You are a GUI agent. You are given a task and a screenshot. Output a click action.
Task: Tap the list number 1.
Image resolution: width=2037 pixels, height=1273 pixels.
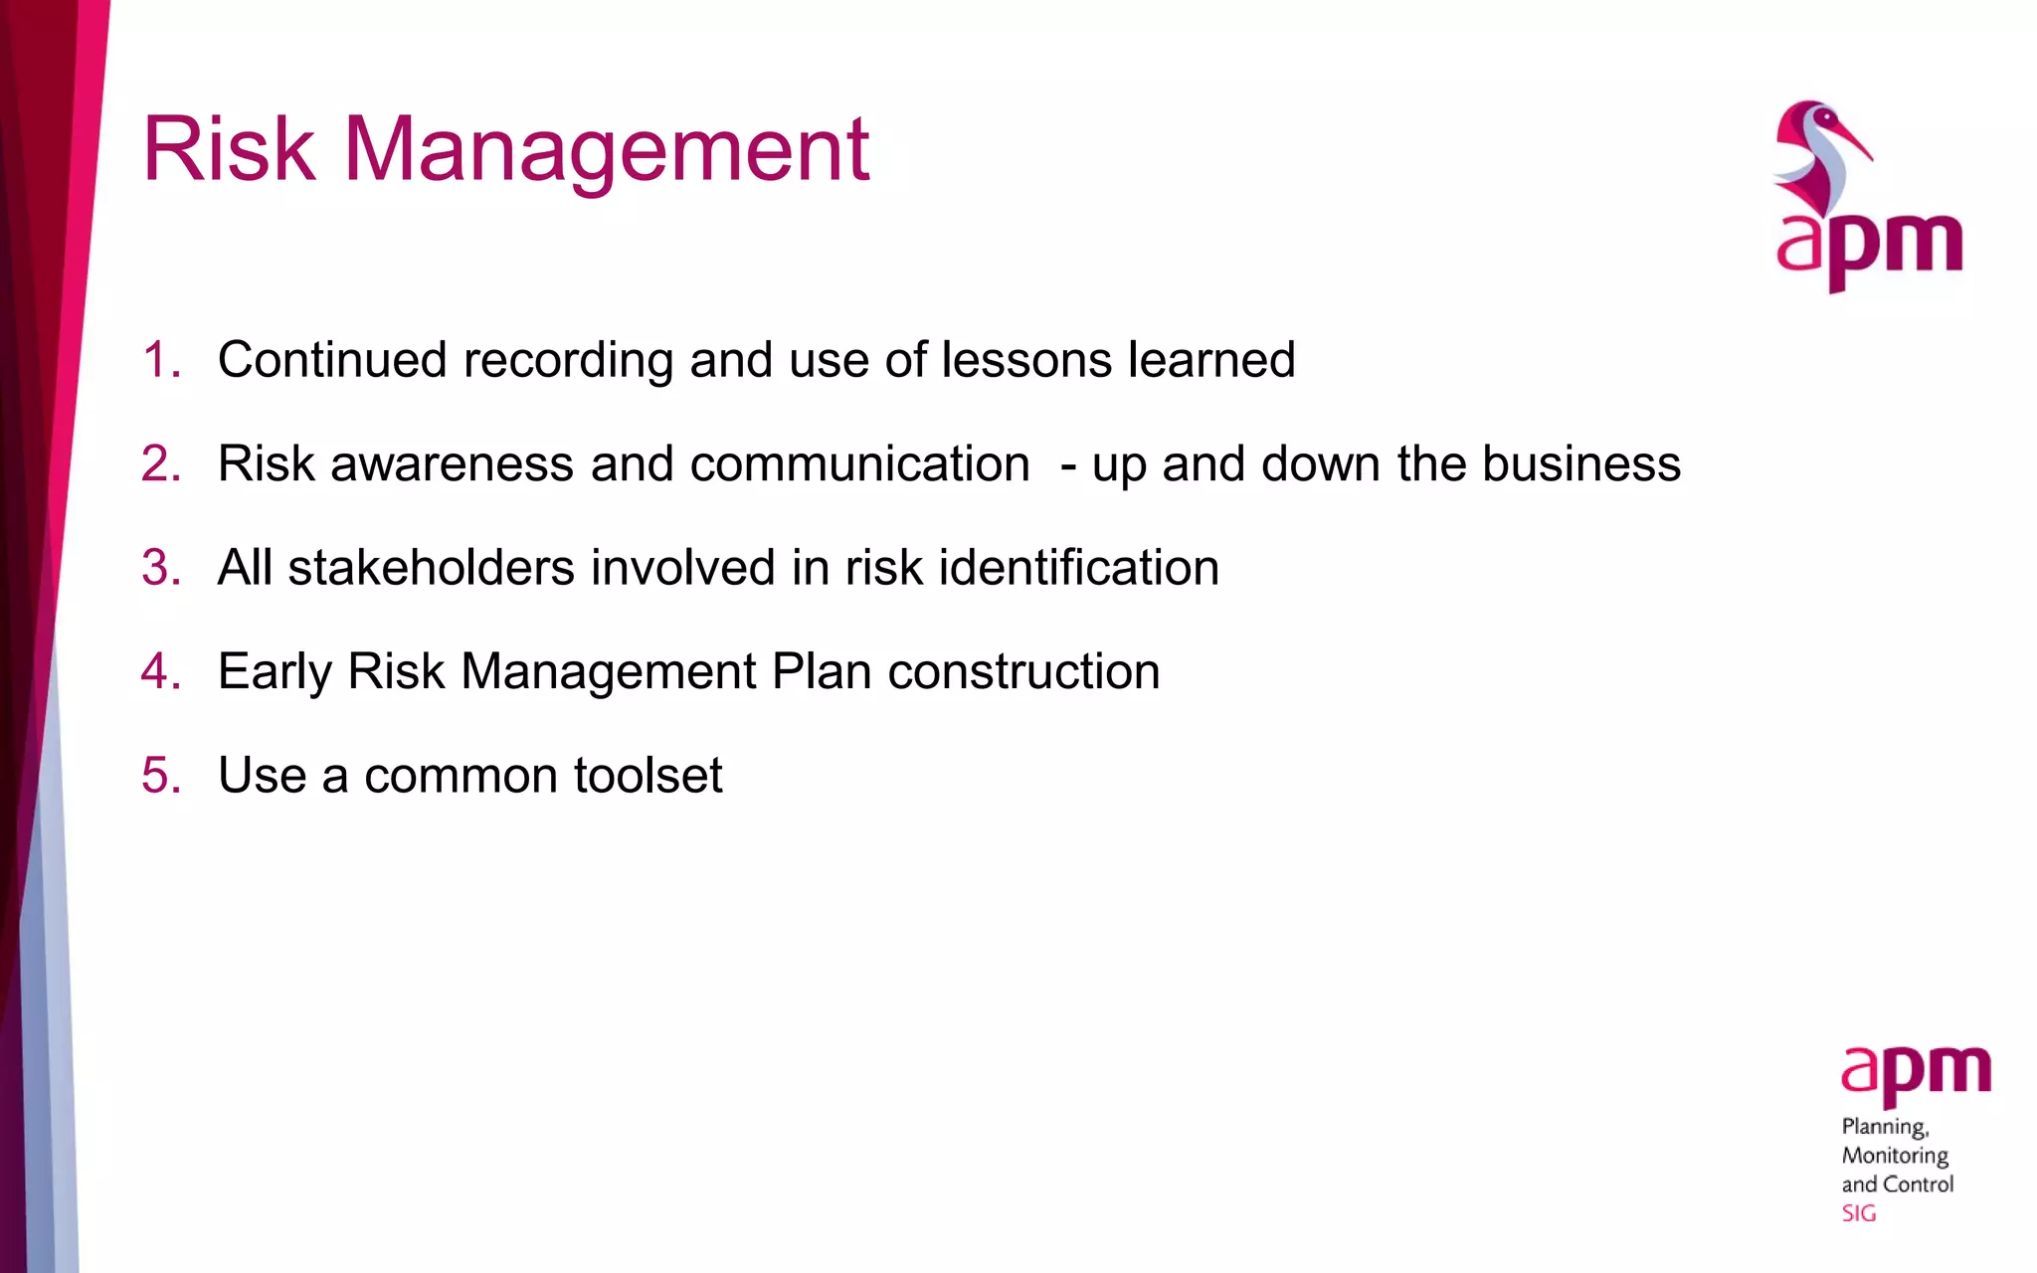click(160, 360)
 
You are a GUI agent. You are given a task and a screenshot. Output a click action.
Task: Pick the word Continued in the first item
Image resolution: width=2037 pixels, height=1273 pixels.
click(332, 360)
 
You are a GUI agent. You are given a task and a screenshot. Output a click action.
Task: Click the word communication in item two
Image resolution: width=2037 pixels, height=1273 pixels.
click(859, 464)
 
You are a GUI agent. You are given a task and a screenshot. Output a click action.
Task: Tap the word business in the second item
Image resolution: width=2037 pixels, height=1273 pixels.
click(1581, 464)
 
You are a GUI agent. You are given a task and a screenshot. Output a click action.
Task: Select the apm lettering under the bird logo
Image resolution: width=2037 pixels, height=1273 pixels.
click(1869, 248)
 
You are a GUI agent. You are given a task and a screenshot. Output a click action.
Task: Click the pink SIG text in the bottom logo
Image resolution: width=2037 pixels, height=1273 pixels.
click(1858, 1213)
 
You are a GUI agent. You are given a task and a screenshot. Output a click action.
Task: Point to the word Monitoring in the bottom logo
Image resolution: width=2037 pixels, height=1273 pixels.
click(1895, 1156)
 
